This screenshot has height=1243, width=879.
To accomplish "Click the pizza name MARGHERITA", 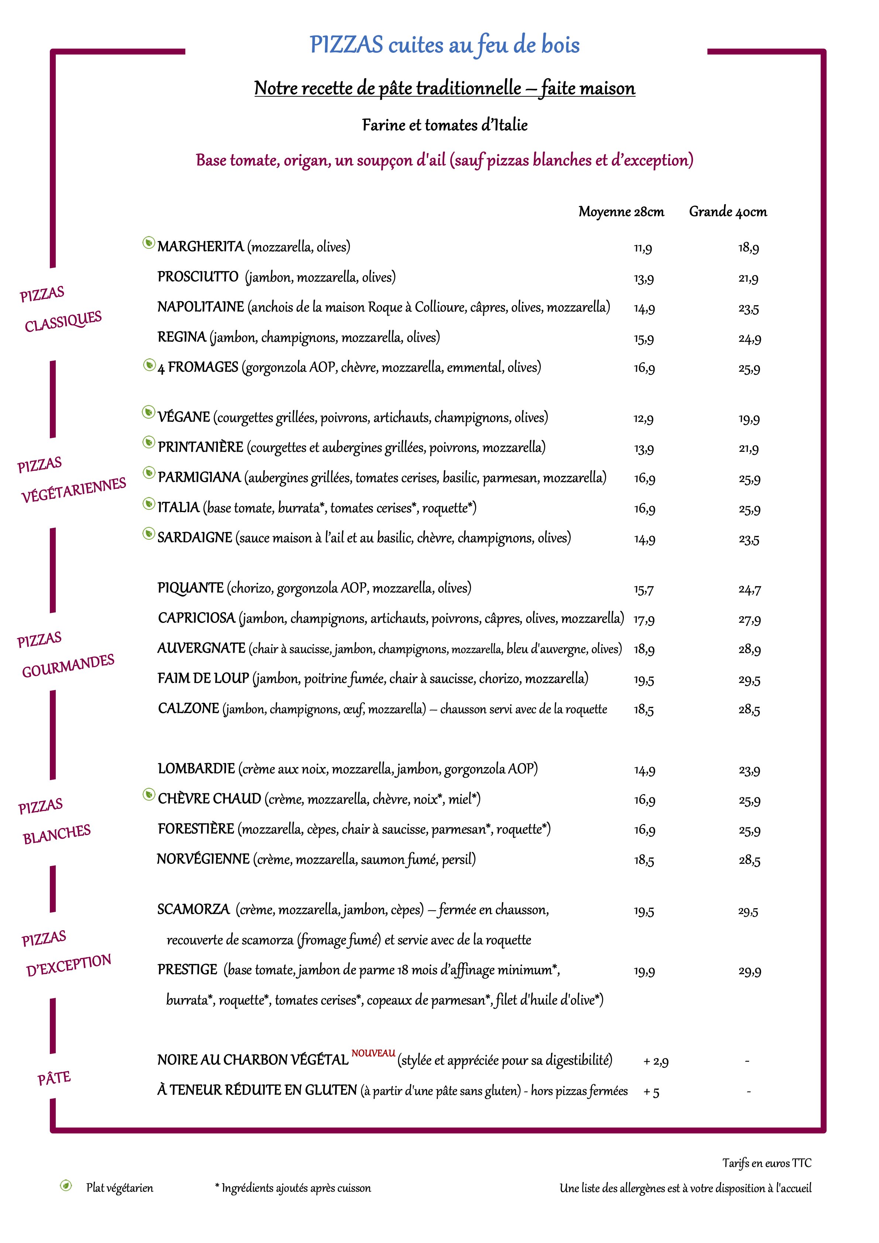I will pos(200,247).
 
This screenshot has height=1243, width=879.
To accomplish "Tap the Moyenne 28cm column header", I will pos(621,212).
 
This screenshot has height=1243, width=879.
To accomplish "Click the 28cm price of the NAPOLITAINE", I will pos(644,309).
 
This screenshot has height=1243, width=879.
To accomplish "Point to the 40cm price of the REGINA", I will pos(750,339).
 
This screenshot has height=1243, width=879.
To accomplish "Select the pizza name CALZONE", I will pos(188,709).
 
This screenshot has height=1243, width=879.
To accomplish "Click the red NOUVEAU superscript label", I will pos(374,1053).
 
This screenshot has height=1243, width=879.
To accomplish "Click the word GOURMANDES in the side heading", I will pos(68,665).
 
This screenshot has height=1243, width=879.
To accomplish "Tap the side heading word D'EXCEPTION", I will pos(69,965).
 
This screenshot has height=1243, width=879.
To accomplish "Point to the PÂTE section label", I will pos(54,1078).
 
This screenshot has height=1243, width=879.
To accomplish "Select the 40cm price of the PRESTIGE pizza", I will pos(750,971).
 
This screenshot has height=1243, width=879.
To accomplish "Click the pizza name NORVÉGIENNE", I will pos(203,859).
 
